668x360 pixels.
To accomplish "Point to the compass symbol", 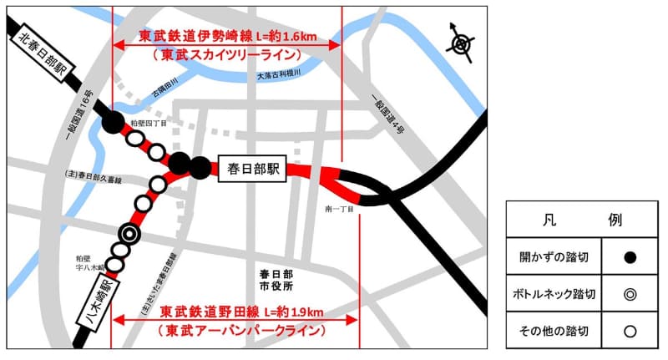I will pos(461,43).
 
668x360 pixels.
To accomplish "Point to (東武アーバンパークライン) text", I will pos(240,332).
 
